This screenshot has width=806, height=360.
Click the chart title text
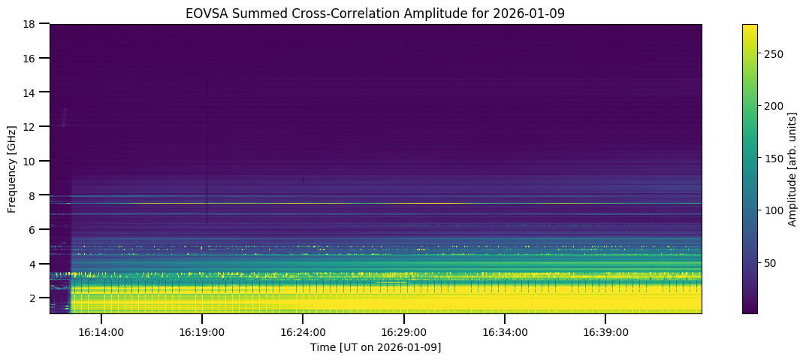[375, 13]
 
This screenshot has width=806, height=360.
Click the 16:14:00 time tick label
[101, 331]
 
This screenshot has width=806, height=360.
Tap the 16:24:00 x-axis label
[303, 331]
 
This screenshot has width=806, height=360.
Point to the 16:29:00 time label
[403, 331]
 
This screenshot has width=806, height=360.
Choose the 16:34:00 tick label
[504, 331]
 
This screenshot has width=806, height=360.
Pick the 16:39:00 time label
[605, 331]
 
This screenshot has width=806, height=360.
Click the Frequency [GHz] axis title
[12, 168]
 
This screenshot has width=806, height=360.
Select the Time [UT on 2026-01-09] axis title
[375, 347]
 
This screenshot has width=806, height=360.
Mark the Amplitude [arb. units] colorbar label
[792, 168]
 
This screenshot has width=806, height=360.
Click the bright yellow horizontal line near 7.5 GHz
[376, 203]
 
